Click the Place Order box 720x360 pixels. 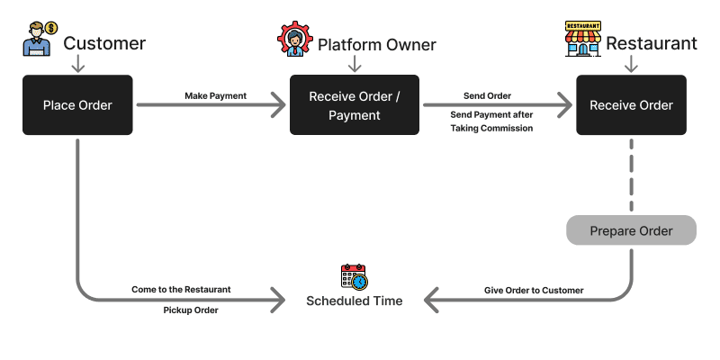77,105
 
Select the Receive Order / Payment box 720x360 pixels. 355,105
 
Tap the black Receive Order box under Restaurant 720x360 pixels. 632,105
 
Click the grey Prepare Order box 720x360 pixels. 632,230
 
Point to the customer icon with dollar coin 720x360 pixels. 40,39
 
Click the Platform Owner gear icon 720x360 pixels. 295,39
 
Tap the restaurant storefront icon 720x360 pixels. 583,39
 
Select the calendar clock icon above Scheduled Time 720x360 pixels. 355,277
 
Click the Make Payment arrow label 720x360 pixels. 216,96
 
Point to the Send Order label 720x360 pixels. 487,96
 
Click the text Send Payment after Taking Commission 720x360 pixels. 491,121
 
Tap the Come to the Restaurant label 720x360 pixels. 182,290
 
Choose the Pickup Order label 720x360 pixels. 191,310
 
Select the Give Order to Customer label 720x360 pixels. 534,290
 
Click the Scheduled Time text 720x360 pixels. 355,301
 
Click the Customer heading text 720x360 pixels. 104,43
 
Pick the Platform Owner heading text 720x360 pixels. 377,45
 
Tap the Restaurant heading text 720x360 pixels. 652,43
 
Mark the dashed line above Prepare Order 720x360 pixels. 632,175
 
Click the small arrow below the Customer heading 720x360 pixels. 78,63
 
